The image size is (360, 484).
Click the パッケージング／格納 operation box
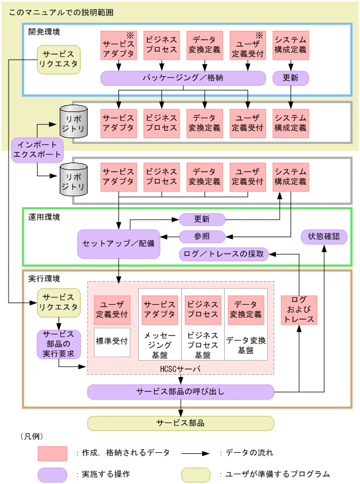pos(183,78)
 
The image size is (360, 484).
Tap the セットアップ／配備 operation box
pos(118,243)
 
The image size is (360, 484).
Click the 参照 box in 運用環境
pos(202,236)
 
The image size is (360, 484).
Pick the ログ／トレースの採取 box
pos(224,254)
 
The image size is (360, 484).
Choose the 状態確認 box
pos(324,236)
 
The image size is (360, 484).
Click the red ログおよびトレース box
pos(299,310)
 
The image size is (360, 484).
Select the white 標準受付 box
pos(112,342)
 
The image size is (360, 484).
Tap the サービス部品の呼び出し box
pos(181,392)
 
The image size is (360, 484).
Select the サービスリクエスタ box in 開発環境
pos(59,60)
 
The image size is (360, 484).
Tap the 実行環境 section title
pos(44,279)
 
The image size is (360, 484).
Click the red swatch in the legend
pos(52,453)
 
